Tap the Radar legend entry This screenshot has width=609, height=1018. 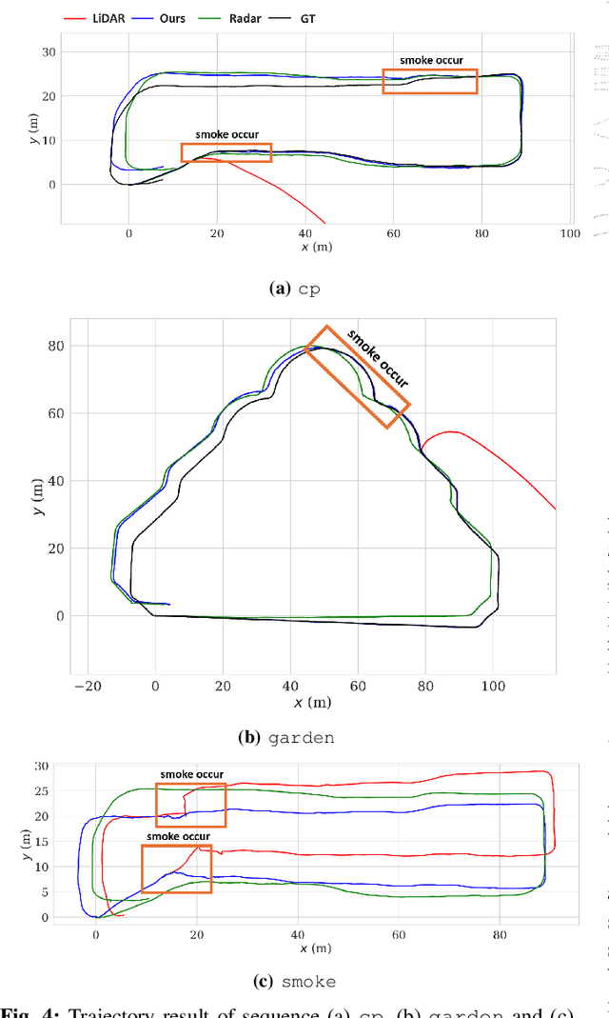(x=232, y=18)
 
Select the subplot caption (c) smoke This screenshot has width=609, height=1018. (x=296, y=982)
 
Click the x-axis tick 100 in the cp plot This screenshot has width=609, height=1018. (x=569, y=233)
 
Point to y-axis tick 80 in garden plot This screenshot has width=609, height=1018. (x=57, y=347)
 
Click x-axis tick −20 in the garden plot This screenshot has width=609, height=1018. (x=87, y=684)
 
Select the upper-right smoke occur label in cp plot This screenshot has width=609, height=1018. (x=431, y=60)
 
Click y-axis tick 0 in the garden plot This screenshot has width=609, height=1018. (x=61, y=616)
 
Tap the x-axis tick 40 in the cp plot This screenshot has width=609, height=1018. (x=304, y=233)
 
